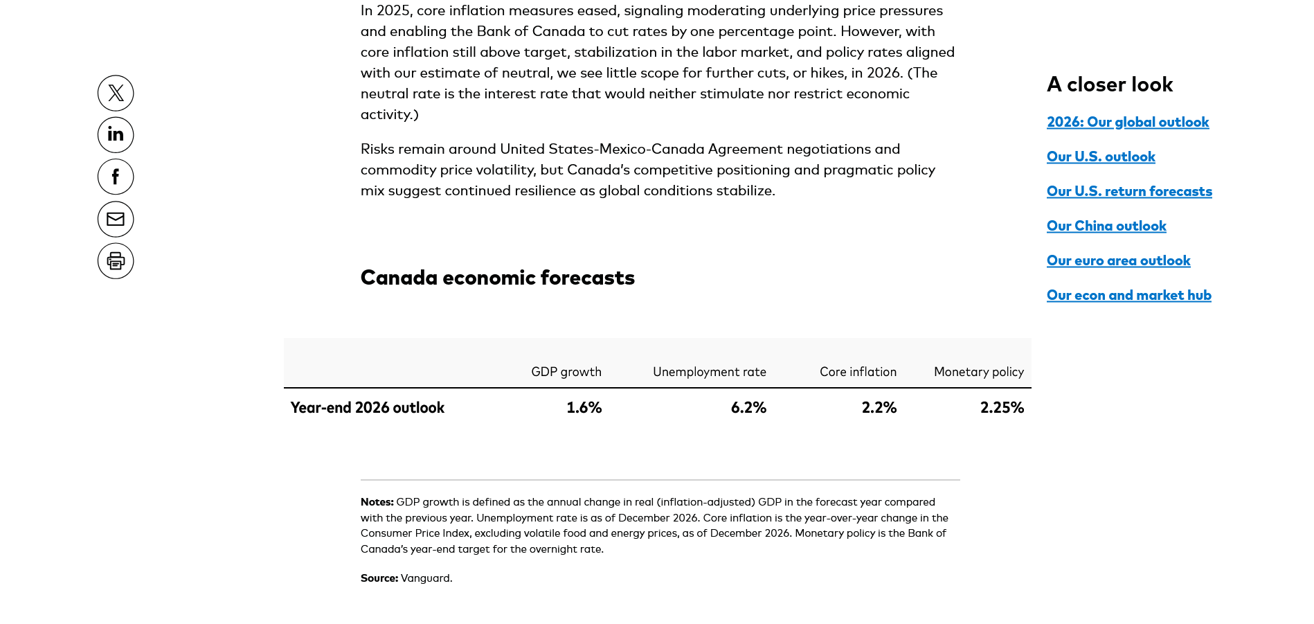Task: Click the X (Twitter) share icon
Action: pyautogui.click(x=116, y=93)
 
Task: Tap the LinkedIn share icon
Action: pyautogui.click(x=116, y=135)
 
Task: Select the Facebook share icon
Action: pyautogui.click(x=116, y=177)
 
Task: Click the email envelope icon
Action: pyautogui.click(x=116, y=220)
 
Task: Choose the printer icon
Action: pyautogui.click(x=116, y=261)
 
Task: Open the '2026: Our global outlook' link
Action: pyautogui.click(x=1127, y=123)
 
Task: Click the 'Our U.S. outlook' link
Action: pyautogui.click(x=1101, y=157)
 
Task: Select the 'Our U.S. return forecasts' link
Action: pyautogui.click(x=1129, y=192)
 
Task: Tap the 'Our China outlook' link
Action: pyautogui.click(x=1106, y=226)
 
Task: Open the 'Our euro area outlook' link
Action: pyautogui.click(x=1118, y=261)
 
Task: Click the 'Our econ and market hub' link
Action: pyautogui.click(x=1128, y=296)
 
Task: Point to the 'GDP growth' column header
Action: pyautogui.click(x=566, y=372)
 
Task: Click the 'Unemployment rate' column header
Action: pyautogui.click(x=709, y=372)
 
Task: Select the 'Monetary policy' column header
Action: pyautogui.click(x=978, y=372)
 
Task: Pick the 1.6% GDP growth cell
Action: pyautogui.click(x=584, y=408)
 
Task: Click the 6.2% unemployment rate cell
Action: pyautogui.click(x=748, y=408)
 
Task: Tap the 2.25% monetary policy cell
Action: pyautogui.click(x=1001, y=408)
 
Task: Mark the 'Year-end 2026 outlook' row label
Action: pyautogui.click(x=367, y=408)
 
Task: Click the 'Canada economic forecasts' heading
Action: pyautogui.click(x=497, y=278)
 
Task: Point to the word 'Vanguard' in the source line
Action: pyautogui.click(x=425, y=578)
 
